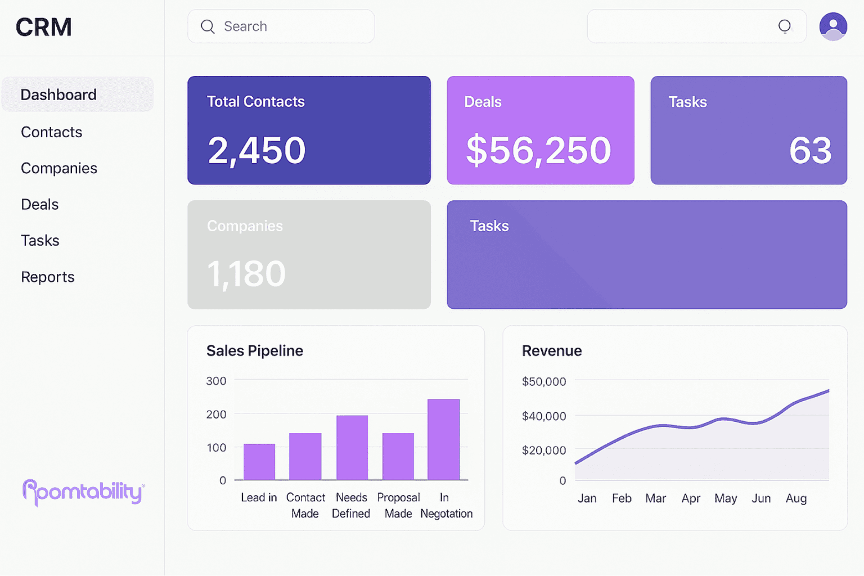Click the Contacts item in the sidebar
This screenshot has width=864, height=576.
51,132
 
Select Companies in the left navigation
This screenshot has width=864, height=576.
58,168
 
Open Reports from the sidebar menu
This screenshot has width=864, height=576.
47,277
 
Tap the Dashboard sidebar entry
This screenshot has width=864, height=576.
58,94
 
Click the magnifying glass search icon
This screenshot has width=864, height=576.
208,26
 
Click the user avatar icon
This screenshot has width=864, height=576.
833,26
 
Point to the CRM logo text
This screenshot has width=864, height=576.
44,27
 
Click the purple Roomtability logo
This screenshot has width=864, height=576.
83,492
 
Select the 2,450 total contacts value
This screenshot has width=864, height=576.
256,150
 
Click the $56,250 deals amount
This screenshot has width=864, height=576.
538,150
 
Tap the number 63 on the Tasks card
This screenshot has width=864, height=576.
810,150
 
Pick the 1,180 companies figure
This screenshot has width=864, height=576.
246,274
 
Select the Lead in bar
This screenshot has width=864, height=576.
259,462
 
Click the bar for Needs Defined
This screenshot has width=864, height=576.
352,448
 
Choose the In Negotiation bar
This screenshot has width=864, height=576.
444,439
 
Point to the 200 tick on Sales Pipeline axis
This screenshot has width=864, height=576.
216,415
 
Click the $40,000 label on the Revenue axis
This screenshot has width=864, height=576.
544,416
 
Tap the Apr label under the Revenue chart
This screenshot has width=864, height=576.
691,498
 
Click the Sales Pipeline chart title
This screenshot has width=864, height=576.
255,351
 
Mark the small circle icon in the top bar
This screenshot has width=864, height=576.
784,26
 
